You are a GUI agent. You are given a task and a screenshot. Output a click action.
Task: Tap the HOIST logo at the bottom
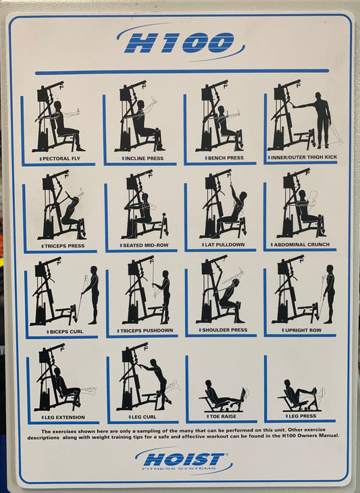(184, 461)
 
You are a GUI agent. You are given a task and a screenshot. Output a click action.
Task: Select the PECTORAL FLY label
(61, 159)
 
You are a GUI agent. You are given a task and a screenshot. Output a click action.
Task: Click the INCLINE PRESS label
(144, 159)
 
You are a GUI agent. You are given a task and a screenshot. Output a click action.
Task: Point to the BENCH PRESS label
(226, 158)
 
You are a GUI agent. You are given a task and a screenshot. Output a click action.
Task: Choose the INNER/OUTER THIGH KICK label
(304, 157)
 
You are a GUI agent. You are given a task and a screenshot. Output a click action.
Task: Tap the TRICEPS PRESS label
(64, 246)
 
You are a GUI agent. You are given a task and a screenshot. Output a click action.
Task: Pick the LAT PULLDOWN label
(224, 244)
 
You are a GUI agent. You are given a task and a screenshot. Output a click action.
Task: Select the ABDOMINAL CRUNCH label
(301, 244)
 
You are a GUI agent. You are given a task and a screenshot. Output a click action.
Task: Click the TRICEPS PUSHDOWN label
(147, 330)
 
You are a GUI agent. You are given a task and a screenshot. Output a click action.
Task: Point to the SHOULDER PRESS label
(224, 330)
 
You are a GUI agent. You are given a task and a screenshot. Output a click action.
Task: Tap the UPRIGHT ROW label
(303, 330)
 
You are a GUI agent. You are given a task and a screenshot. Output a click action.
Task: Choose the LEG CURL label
(144, 417)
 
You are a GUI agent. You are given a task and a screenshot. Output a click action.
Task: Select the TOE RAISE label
(223, 416)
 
